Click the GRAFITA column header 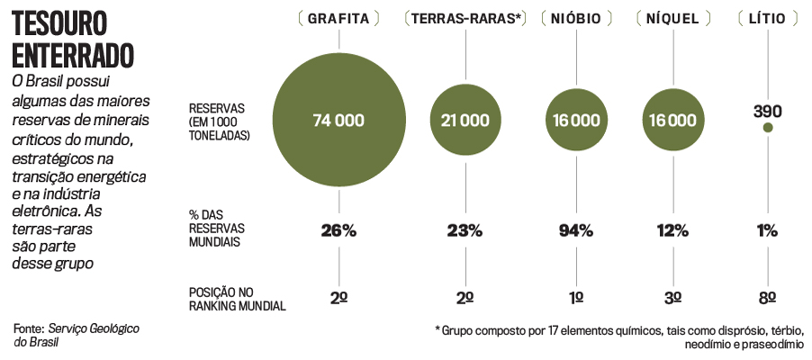tap(338, 18)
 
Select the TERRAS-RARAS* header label tap(465, 18)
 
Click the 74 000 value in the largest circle tap(338, 120)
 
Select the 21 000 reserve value tap(465, 120)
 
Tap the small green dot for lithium tap(768, 128)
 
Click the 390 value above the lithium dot tap(767, 112)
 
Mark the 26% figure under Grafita tap(338, 230)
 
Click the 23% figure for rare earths tap(465, 230)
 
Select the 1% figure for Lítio tap(767, 230)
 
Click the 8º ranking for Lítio tap(767, 298)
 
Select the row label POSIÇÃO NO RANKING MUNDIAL tap(237, 299)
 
